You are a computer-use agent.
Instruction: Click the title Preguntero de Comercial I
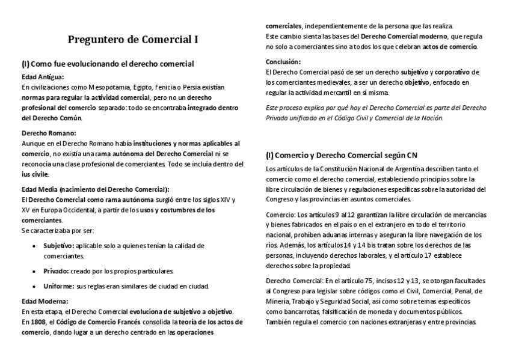[x=132, y=40]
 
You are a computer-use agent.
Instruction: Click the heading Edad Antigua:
[x=43, y=77]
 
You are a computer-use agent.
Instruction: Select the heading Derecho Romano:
[x=49, y=133]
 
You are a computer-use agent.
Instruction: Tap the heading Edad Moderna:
[x=45, y=301]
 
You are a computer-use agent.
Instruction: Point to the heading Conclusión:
[x=283, y=61]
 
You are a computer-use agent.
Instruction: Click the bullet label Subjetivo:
[x=58, y=245]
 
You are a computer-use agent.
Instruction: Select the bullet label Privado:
[x=56, y=271]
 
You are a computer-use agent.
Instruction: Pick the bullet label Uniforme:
[x=59, y=286]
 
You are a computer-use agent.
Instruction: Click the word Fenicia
[x=158, y=87]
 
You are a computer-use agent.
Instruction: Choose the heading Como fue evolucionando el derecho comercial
[x=112, y=63]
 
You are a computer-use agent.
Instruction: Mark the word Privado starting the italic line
[x=277, y=118]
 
